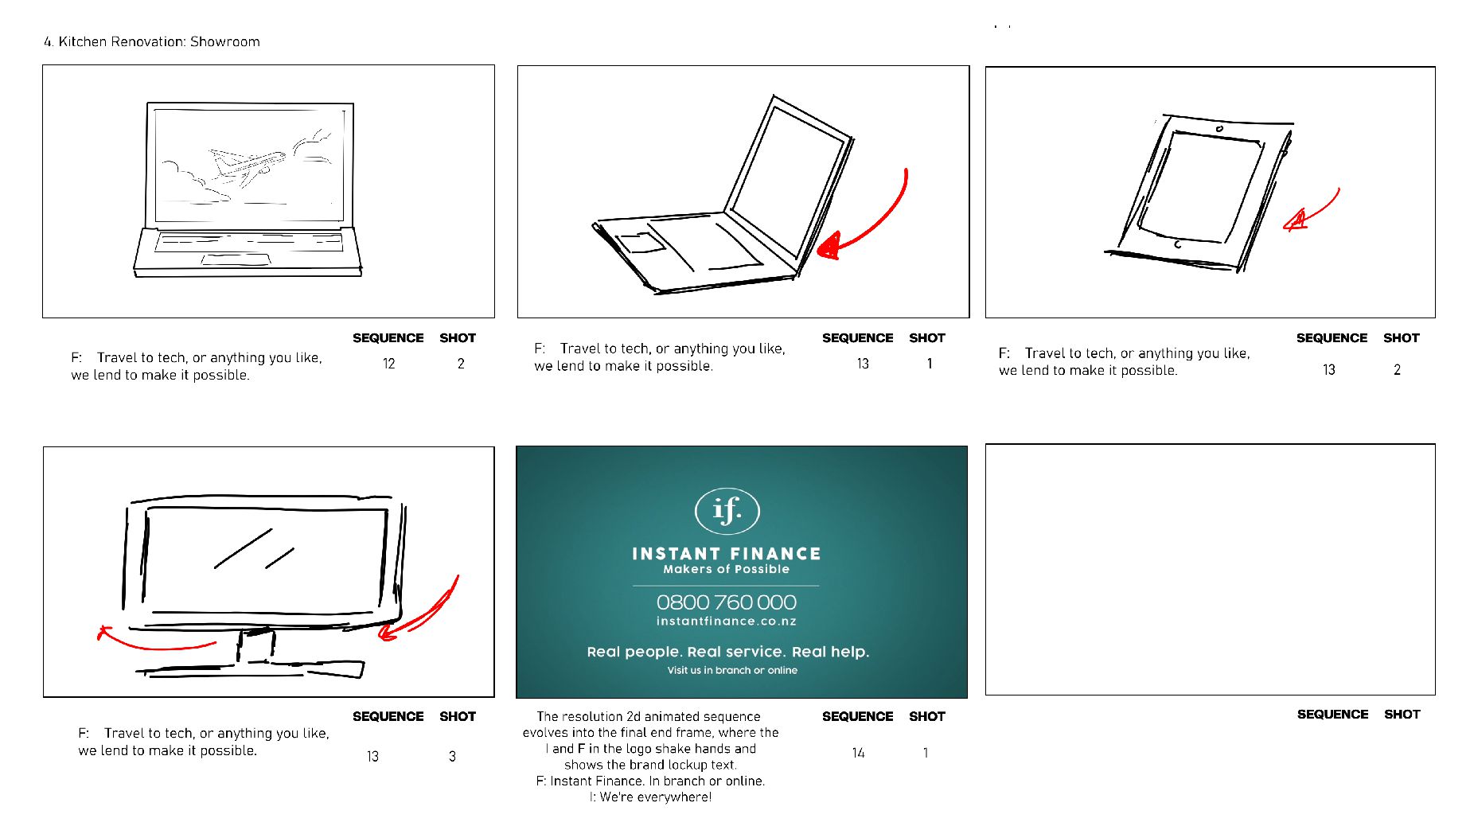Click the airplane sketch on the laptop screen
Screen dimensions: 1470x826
pos(248,165)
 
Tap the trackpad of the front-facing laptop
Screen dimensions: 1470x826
pos(236,259)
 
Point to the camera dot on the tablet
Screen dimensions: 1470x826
pos(1219,128)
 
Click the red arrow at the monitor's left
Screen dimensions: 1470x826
pos(155,640)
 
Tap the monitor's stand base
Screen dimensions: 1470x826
pos(251,668)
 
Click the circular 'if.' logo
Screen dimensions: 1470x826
pos(727,511)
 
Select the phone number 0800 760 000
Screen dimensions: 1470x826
pos(726,602)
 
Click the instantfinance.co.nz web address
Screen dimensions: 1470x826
pos(726,621)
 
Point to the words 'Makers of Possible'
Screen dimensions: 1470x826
pos(726,569)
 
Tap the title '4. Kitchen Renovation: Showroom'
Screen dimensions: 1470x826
pos(152,41)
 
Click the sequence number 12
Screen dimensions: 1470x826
pos(388,364)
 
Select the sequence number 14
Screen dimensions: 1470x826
pos(858,753)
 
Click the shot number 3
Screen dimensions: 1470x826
pos(452,756)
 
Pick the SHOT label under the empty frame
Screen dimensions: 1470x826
pos(1402,715)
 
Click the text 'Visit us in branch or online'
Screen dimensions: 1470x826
pos(732,670)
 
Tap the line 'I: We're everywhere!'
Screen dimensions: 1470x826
pos(650,797)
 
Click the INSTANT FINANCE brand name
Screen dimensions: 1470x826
pos(726,554)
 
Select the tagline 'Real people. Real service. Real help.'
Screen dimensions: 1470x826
pos(728,652)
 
